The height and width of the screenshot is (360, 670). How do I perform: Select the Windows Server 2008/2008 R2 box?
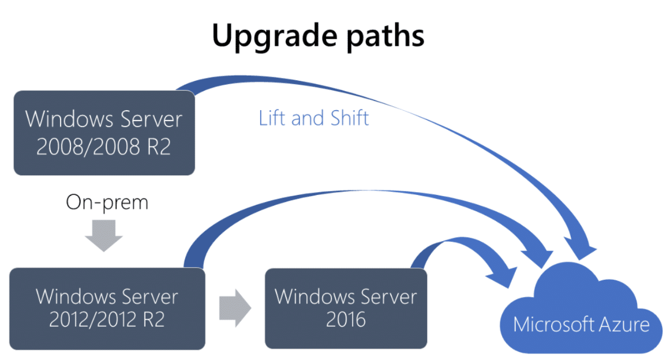[x=104, y=133]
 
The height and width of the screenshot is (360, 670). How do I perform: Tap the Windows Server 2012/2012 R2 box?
[x=107, y=308]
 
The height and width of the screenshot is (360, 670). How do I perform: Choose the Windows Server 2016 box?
[x=346, y=307]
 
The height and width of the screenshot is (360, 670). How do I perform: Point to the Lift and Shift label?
[x=314, y=118]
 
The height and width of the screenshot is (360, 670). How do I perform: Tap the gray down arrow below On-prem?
[x=107, y=238]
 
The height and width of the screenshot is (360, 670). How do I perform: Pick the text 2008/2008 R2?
[x=104, y=147]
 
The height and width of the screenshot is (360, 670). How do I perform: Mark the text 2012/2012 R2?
[x=107, y=320]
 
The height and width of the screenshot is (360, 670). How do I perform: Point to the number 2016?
[x=346, y=320]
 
